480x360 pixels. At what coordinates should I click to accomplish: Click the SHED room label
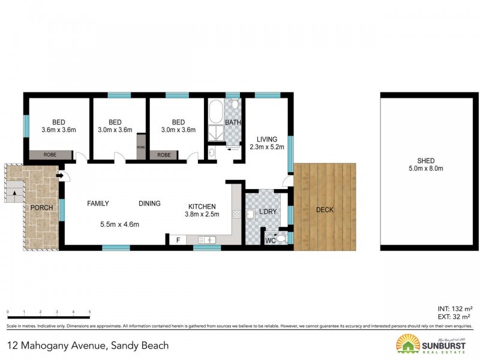[430, 160]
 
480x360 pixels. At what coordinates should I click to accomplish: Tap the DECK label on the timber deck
[324, 210]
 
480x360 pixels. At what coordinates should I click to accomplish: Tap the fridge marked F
[178, 240]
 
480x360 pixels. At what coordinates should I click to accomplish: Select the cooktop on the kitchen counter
[236, 214]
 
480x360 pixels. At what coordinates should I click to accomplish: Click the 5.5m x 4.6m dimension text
[119, 225]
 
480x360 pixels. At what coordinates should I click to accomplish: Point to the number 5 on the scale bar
[89, 312]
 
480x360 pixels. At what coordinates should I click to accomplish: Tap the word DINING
[149, 203]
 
